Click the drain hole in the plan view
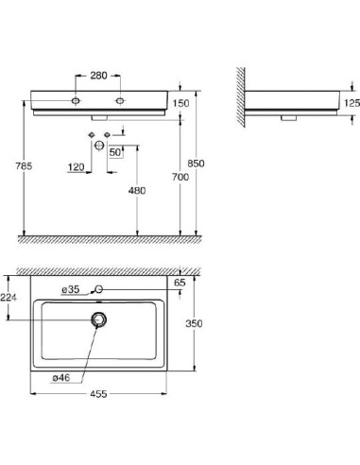96,320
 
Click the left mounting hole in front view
76,99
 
